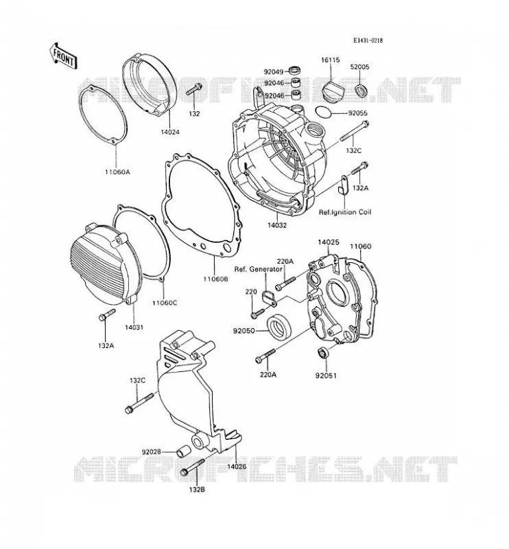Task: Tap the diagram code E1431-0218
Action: [x=368, y=40]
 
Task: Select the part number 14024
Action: [x=170, y=132]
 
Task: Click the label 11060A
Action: [x=117, y=172]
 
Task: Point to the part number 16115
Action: [x=331, y=60]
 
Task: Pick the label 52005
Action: [x=360, y=67]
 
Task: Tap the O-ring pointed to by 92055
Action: [x=323, y=112]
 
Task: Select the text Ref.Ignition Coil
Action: [x=345, y=212]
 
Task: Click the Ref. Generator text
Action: [x=258, y=269]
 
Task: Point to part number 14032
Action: [x=277, y=225]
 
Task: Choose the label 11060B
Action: [x=215, y=279]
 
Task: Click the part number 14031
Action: [x=134, y=327]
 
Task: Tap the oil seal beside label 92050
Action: [x=279, y=326]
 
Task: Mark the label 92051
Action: [x=326, y=375]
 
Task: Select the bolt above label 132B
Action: [x=192, y=468]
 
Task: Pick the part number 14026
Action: [x=236, y=466]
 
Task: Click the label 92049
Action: [x=274, y=72]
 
